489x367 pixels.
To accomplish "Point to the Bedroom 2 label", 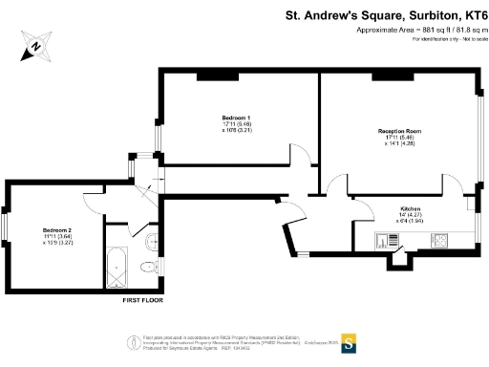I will tap(57, 230).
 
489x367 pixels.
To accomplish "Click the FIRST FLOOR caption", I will tap(144, 300).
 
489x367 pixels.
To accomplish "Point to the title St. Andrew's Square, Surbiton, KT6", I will tap(387, 14).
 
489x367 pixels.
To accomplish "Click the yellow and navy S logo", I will tap(350, 341).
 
